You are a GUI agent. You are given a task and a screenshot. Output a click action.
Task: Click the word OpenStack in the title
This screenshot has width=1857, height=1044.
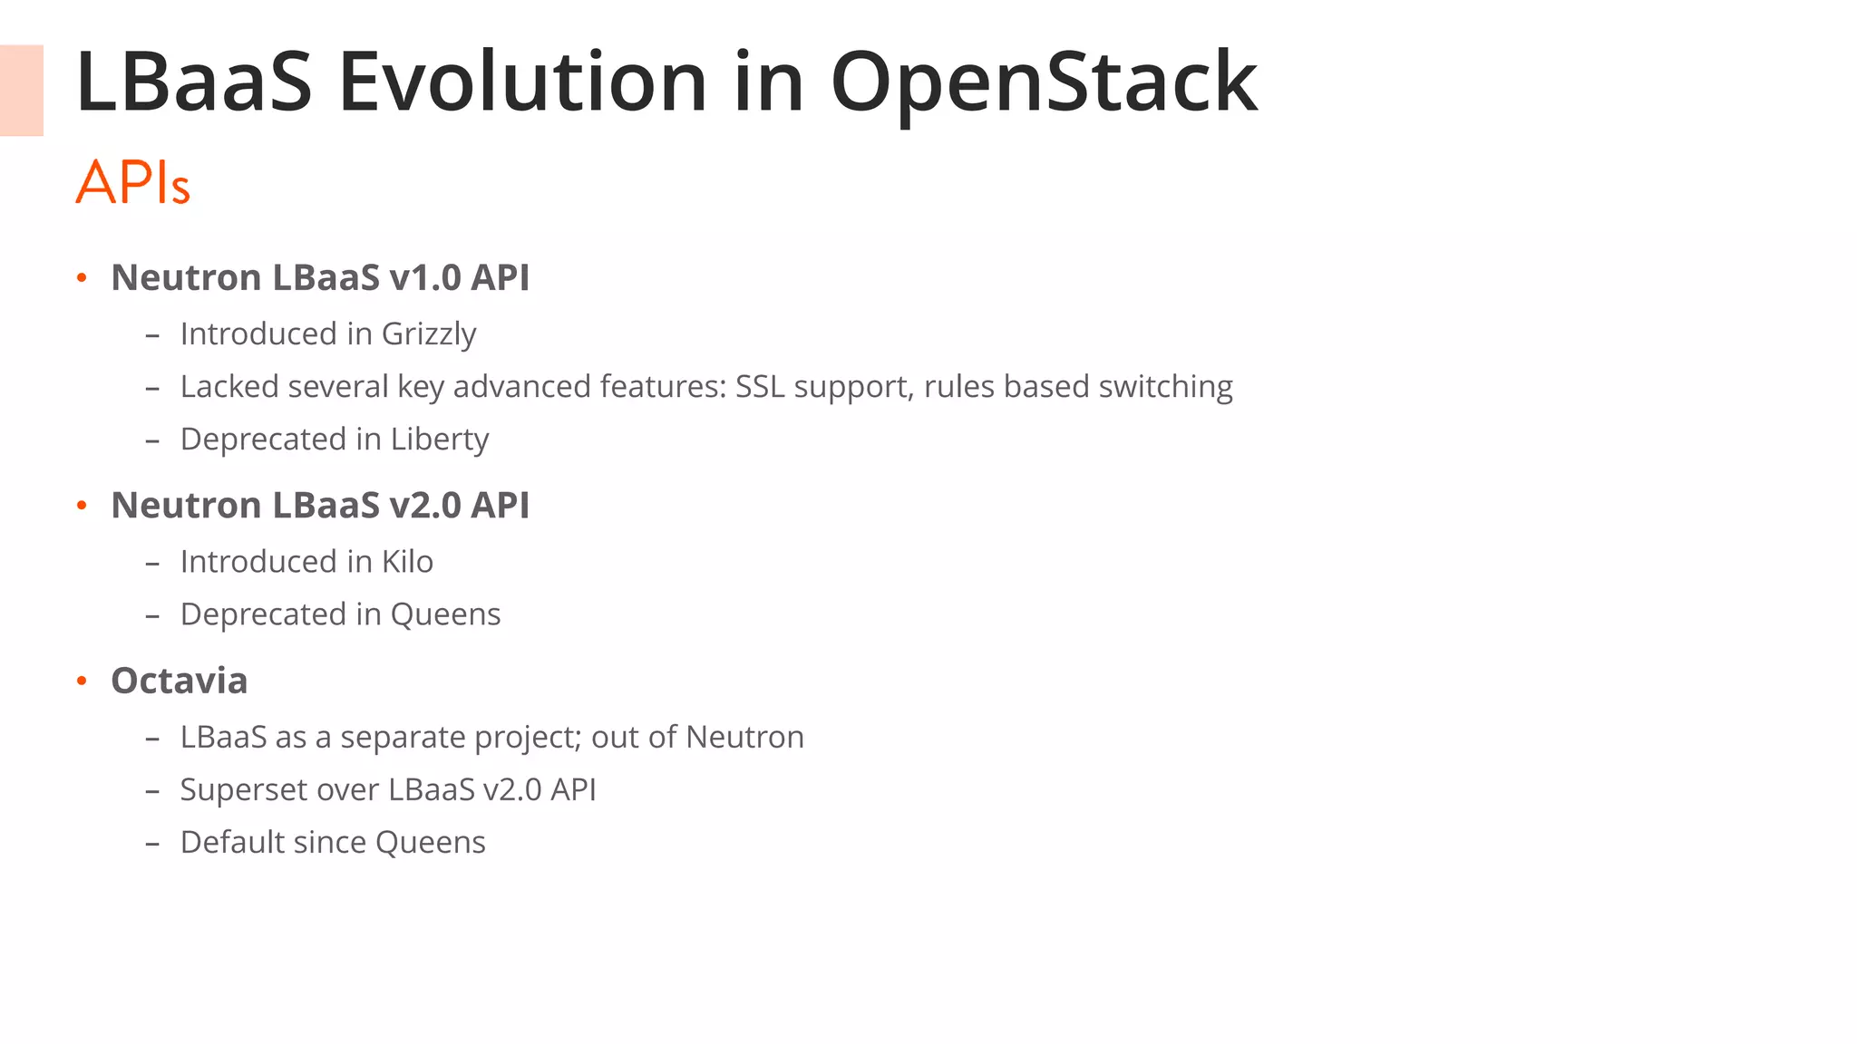tap(1043, 83)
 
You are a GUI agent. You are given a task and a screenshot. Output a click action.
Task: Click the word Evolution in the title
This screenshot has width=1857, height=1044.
tap(521, 83)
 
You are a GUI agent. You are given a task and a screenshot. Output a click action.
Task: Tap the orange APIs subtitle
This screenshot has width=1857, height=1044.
tap(132, 182)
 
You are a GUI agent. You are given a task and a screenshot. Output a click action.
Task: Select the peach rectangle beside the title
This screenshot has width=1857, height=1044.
tap(21, 91)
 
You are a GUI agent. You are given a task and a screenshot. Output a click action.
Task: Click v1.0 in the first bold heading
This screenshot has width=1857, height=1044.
tap(424, 277)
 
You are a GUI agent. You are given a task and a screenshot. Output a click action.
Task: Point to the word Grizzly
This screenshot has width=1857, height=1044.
tap(428, 334)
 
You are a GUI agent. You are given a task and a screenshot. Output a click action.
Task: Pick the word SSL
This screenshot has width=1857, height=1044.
tap(760, 387)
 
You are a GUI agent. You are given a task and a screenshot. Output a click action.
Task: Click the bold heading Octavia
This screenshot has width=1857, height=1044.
tap(179, 681)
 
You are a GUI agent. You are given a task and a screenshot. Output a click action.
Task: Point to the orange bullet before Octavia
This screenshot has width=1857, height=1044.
tap(82, 681)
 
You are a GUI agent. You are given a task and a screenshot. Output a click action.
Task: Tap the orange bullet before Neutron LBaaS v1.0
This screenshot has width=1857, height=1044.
tap(82, 277)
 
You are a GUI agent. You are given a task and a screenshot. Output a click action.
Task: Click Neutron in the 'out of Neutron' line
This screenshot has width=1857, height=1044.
tap(744, 738)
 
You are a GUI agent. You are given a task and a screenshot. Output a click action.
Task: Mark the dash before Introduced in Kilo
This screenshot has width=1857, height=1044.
tap(152, 563)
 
